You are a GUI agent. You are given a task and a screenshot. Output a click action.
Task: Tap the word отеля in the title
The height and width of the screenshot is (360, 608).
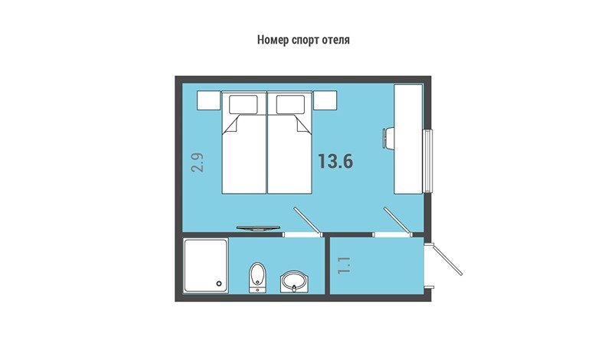pos(335,40)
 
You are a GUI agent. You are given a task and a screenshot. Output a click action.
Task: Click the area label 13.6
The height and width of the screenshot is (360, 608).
pos(336,162)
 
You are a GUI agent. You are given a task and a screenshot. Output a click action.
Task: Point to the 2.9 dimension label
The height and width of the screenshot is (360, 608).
pos(198,162)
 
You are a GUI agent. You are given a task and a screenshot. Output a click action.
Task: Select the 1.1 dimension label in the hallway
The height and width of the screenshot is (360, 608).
pos(345,265)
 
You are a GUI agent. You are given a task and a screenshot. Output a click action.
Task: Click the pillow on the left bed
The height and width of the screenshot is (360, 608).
pos(243,104)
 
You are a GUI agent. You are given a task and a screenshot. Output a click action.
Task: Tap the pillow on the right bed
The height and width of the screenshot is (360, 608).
pos(290,104)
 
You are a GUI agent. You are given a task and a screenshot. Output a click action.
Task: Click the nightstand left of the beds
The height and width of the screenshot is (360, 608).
pos(208,100)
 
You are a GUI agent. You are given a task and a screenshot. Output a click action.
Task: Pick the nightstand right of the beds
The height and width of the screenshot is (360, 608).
pos(325,100)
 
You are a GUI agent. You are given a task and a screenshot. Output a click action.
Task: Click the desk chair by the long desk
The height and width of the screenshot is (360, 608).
pos(388,138)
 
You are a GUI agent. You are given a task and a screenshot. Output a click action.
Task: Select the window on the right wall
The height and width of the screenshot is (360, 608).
pos(428,161)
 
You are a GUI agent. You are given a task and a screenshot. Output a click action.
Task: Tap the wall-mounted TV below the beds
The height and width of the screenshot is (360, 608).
pos(258,228)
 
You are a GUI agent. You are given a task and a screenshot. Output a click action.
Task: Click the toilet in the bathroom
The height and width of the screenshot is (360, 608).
pos(257,277)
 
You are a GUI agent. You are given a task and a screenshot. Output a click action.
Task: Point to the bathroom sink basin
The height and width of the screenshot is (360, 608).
pos(294,282)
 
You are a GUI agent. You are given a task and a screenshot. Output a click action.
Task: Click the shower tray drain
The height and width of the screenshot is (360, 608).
pos(220,283)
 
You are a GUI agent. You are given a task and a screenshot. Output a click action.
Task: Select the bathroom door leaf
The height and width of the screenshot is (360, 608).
pos(308,221)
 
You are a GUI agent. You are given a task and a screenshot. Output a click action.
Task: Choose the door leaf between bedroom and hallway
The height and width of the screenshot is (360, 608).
pos(398,221)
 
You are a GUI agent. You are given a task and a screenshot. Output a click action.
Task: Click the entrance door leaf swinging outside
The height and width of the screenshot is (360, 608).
pos(447,260)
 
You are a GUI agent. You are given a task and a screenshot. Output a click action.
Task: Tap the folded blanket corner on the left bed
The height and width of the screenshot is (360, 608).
pos(230,125)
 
